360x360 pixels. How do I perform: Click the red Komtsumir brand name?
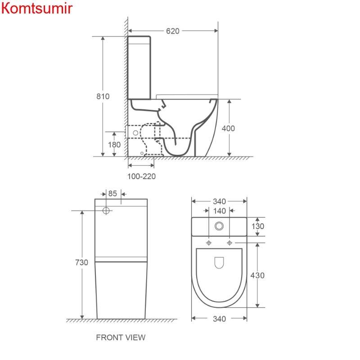(37, 9)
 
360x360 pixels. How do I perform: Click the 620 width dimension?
(173, 31)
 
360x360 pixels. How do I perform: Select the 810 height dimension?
(103, 96)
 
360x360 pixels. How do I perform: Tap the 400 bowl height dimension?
(228, 128)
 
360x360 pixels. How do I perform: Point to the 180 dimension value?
(114, 144)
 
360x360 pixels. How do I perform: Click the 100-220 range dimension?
(141, 176)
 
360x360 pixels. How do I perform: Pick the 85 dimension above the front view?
(112, 193)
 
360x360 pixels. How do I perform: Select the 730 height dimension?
(81, 262)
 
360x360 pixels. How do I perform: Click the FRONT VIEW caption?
(121, 337)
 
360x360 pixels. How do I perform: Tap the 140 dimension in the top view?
(220, 211)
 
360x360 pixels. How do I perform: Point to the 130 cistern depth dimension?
(258, 226)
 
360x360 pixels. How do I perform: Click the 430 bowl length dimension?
(257, 275)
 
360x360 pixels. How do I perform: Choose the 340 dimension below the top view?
(219, 319)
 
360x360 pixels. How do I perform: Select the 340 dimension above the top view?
(219, 202)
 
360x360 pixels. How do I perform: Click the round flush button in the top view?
(219, 226)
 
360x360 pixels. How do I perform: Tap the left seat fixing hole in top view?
(209, 243)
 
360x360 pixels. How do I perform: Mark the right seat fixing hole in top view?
(229, 243)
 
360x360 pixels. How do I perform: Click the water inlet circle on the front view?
(106, 210)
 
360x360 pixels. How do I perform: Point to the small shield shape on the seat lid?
(219, 263)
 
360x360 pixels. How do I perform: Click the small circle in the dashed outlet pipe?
(136, 133)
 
